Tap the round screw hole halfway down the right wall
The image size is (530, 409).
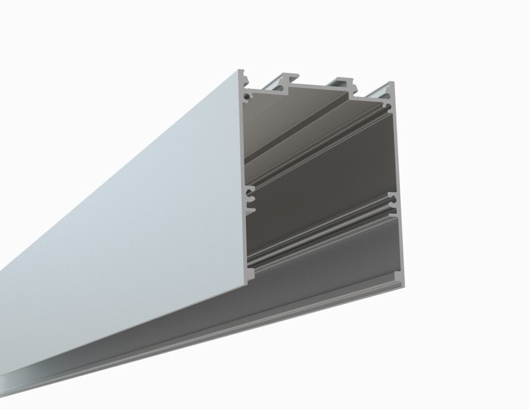point(394,199)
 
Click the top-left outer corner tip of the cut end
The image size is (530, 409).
point(240,71)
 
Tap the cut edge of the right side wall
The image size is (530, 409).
point(400,155)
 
